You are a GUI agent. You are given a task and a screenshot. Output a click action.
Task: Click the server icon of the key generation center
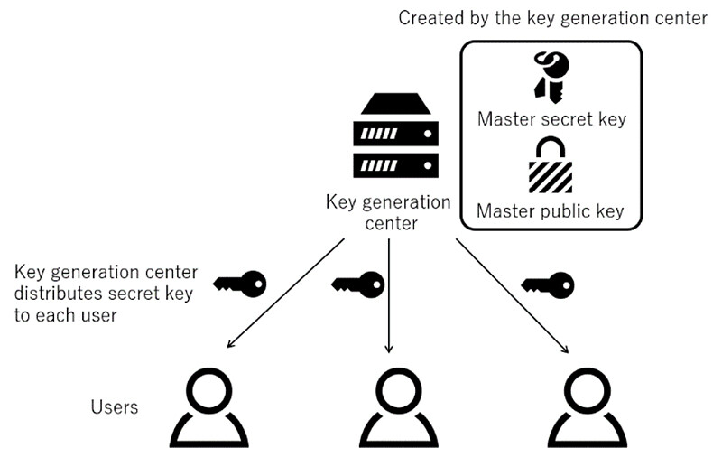tap(399, 138)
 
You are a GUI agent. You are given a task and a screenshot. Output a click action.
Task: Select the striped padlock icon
tap(551, 164)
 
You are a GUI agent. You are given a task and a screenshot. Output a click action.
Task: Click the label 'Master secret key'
tap(551, 118)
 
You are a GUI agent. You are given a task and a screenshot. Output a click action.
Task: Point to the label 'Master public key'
tap(551, 211)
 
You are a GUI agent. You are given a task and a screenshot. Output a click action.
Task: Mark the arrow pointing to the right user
tap(513, 294)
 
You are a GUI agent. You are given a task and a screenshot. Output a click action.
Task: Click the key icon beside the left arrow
tap(240, 284)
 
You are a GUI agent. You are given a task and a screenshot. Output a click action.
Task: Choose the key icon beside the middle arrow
tap(358, 284)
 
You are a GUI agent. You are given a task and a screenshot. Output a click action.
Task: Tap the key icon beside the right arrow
tap(548, 284)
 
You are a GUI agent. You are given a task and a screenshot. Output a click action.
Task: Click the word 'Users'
tap(115, 407)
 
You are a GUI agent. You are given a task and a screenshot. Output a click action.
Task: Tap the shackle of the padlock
tap(551, 147)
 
